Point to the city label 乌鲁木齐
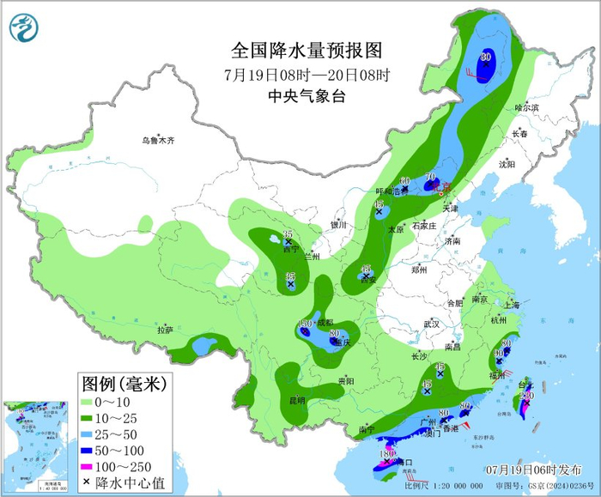coord(159,140)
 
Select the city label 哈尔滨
coord(525,108)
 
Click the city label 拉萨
coord(165,330)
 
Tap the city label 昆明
coord(297,399)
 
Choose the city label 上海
coord(513,305)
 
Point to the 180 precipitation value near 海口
coord(386,453)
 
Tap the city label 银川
coord(338,225)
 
